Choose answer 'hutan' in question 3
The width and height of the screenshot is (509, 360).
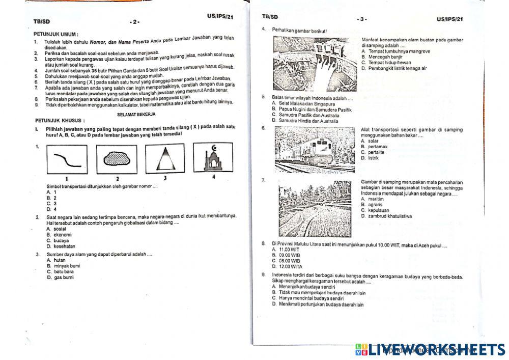click(60, 260)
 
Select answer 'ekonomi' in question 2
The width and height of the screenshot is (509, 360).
click(62, 235)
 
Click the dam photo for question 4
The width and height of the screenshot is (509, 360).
click(315, 64)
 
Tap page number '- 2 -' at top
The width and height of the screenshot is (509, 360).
click(134, 22)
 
